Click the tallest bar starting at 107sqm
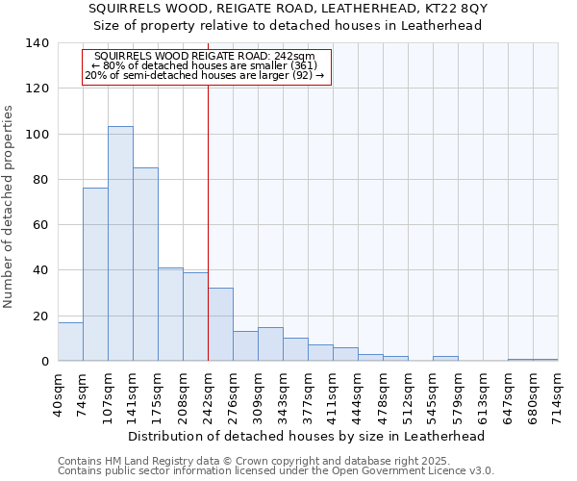[x=120, y=243]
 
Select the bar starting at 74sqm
[x=95, y=274]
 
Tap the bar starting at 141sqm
[x=145, y=265]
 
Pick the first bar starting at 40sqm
[x=70, y=342]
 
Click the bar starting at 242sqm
[x=220, y=324]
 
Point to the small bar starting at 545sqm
[x=445, y=359]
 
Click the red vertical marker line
[x=208, y=221]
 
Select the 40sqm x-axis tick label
[x=58, y=392]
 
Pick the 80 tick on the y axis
[x=40, y=180]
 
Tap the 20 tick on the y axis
[x=40, y=316]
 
